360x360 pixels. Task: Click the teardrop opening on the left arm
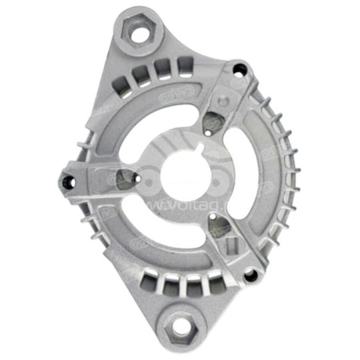[125, 177]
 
